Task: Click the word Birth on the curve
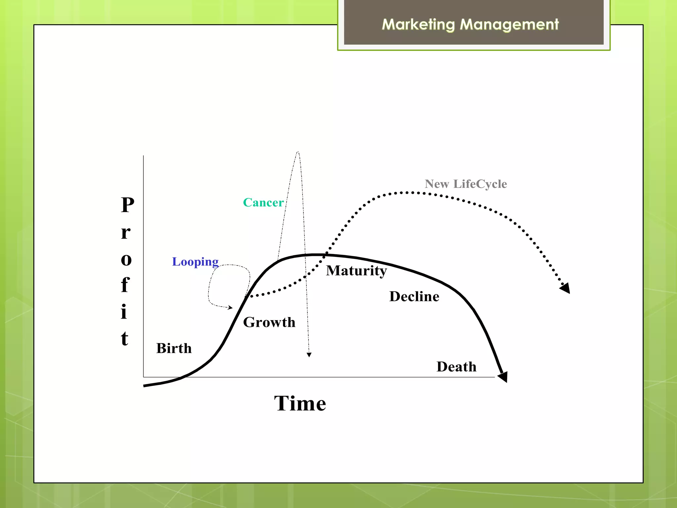[x=174, y=348]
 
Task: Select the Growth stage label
[x=269, y=322]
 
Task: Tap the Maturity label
[x=356, y=271]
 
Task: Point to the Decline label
[x=414, y=296]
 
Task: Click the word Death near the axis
[x=457, y=367]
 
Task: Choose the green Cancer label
[x=263, y=202]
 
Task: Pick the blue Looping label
[x=195, y=262]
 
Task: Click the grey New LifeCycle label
[x=466, y=184]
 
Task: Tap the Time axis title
[x=300, y=403]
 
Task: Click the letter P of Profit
[x=128, y=205]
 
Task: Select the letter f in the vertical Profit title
[x=125, y=285]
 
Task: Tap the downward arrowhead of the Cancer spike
[x=309, y=355]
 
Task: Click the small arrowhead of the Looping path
[x=230, y=308]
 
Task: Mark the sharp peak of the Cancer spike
[x=298, y=152]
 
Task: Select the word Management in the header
[x=509, y=24]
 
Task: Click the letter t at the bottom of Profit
[x=124, y=339]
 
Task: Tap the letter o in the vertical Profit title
[x=126, y=260]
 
